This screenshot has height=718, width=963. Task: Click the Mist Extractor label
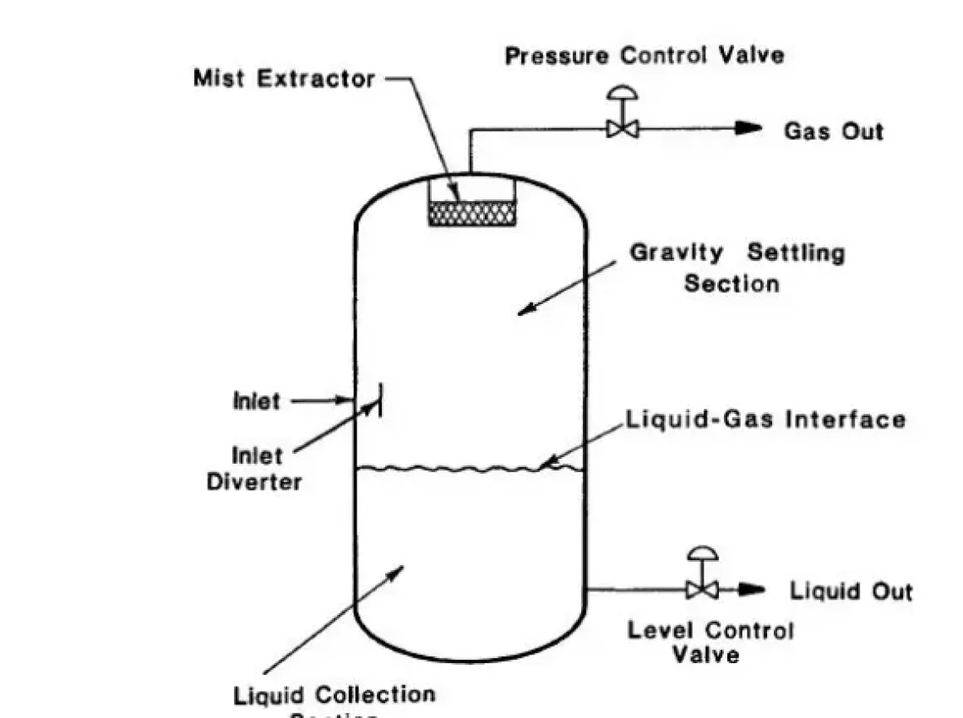point(284,79)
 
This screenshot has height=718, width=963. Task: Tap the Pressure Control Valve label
point(645,56)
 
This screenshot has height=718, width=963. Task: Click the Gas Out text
point(834,131)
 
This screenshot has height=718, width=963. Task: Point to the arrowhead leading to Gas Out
point(748,128)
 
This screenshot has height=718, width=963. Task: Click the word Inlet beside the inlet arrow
point(255,400)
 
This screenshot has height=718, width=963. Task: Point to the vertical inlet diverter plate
point(379,400)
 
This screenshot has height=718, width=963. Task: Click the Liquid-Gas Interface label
point(765,420)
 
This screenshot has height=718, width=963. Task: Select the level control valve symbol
point(701,589)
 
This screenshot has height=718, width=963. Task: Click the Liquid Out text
point(851,590)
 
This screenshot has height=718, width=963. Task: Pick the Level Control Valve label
point(710,642)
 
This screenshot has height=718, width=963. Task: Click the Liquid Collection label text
point(335,696)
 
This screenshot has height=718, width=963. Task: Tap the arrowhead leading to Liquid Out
point(752,590)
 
